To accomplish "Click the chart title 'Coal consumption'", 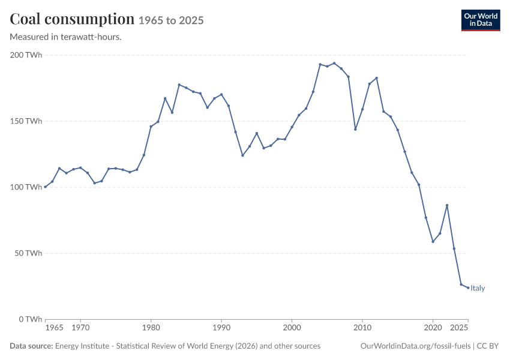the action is pos(72,19).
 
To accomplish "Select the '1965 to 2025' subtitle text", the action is pos(171,20).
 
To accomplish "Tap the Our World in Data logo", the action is pos(481,20).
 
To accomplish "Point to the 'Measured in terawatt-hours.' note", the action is pos(66,37).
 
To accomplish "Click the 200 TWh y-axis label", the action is pos(26,55).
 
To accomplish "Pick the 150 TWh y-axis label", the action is pos(26,121).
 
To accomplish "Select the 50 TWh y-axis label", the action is pos(28,253).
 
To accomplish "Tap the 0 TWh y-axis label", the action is pos(30,319).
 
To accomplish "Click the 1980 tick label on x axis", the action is pos(151,328).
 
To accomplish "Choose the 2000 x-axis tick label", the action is pos(292,328).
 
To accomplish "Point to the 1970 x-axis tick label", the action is pos(80,328).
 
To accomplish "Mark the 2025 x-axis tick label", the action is pos(459,328).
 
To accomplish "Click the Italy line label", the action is pos(478,288).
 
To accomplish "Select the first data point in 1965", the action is pos(45,187).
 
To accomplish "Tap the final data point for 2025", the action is pos(468,288).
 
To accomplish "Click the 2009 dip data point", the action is pos(355,130).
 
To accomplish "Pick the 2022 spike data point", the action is pos(447,206).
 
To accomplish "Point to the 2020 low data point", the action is pos(433,242).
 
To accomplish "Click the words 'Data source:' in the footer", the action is pos(31,346).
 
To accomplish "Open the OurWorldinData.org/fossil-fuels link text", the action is pos(415,346).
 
